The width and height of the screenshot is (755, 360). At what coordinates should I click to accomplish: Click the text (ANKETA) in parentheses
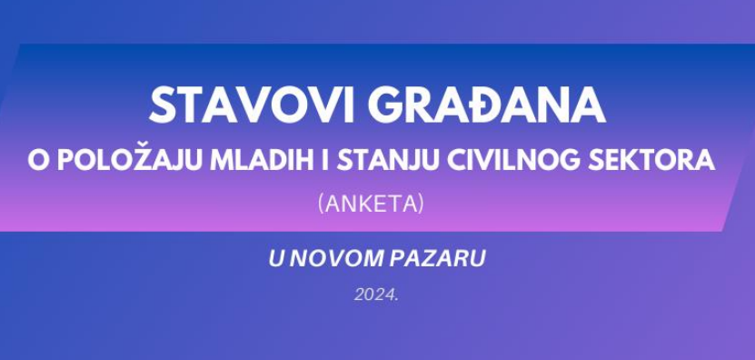372,204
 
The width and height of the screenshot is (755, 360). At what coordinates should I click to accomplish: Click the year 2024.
376,295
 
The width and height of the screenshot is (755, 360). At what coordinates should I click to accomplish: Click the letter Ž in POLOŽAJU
144,158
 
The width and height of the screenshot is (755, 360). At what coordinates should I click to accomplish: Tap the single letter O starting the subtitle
39,161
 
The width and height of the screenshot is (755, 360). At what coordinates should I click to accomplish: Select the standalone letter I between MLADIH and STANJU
325,161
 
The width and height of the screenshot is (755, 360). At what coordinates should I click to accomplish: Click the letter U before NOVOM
276,259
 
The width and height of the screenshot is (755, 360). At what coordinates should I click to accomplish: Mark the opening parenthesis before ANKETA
321,204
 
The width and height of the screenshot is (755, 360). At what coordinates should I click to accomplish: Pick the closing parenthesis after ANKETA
422,204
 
